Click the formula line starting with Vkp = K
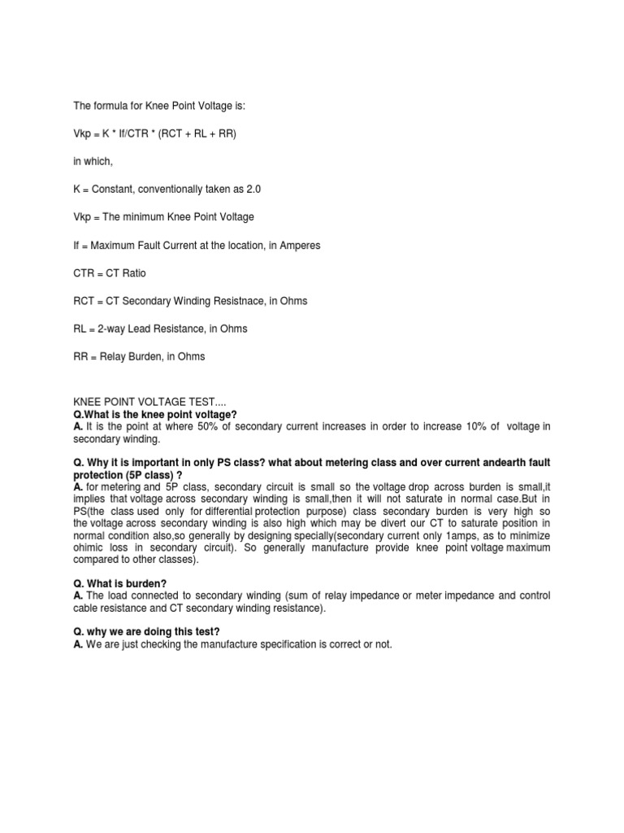(x=154, y=133)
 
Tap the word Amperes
(x=301, y=246)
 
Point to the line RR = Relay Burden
(x=139, y=356)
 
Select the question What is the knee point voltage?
(x=155, y=414)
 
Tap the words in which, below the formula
(x=93, y=162)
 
